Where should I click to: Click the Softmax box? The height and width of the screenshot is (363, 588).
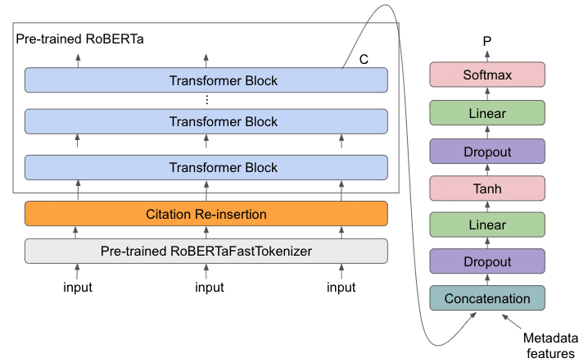click(487, 75)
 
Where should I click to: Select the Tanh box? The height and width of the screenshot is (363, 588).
click(487, 188)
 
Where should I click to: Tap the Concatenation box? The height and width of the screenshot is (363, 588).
click(487, 299)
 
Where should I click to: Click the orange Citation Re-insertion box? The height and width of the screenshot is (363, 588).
click(206, 214)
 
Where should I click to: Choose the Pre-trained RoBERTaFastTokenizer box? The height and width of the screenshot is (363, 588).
click(206, 251)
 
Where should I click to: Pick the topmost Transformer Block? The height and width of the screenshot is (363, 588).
click(206, 80)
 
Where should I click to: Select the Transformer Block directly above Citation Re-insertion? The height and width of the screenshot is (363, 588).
click(206, 167)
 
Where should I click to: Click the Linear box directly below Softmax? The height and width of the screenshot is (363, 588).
click(487, 113)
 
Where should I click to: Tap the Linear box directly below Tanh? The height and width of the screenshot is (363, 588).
click(487, 225)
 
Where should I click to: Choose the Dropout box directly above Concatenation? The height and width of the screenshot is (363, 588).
click(487, 262)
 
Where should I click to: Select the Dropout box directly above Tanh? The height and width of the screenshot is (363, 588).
click(487, 152)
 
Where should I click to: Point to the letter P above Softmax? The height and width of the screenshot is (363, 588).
click(487, 41)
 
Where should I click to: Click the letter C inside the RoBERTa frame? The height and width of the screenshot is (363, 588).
click(364, 60)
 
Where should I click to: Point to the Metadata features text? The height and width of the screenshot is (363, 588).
click(550, 345)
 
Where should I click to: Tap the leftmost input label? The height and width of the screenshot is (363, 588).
click(78, 288)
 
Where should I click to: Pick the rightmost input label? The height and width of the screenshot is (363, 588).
click(341, 288)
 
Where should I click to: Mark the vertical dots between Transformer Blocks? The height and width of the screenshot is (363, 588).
click(206, 100)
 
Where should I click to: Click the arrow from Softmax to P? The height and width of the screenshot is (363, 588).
click(487, 56)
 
